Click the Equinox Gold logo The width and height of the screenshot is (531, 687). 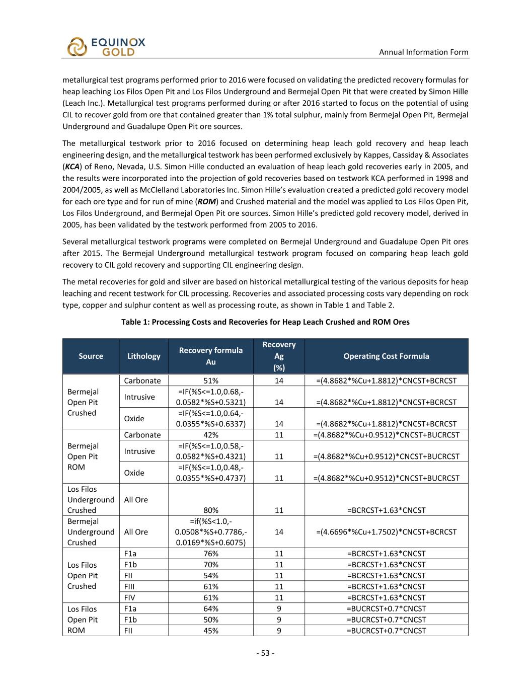click(106, 46)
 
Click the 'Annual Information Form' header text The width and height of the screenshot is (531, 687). click(423, 52)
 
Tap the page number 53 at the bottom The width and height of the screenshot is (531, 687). click(265, 653)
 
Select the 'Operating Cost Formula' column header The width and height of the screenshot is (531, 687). click(386, 356)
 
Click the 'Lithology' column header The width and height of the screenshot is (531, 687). click(144, 356)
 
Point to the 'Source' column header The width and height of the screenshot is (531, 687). click(91, 356)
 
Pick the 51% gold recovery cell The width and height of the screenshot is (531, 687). click(210, 380)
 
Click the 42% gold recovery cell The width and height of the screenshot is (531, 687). click(210, 435)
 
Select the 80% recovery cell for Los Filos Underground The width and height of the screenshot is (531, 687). click(210, 510)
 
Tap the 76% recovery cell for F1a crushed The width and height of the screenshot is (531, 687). click(210, 554)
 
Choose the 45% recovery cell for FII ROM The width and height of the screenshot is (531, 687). click(210, 631)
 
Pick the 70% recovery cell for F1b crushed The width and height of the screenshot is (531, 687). click(210, 565)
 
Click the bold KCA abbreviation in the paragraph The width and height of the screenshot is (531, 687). click(72, 167)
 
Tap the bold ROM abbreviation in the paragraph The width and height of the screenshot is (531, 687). click(206, 201)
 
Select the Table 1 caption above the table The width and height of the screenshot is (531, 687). click(265, 322)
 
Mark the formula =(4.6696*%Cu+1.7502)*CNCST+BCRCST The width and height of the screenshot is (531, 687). click(386, 531)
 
